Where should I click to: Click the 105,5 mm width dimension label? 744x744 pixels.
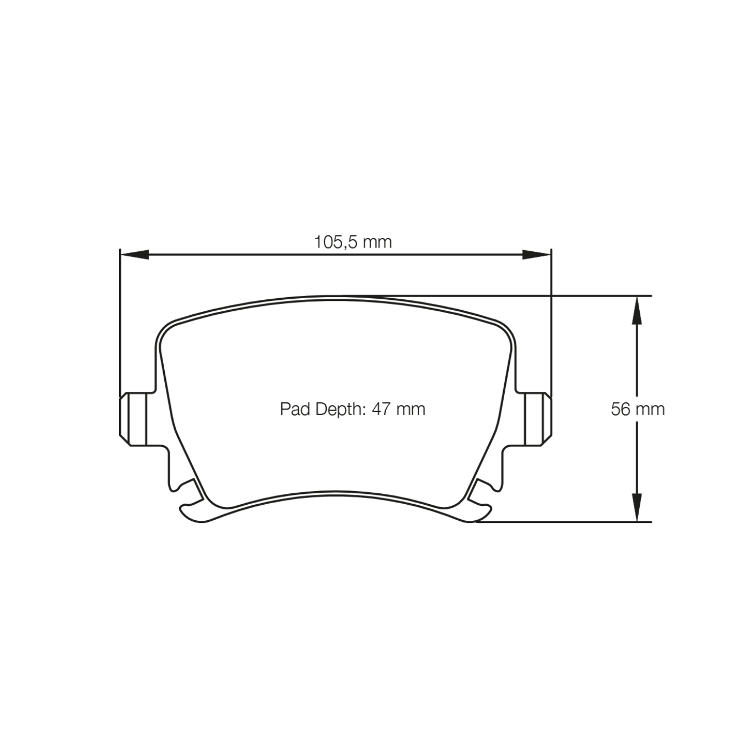pyautogui.click(x=353, y=242)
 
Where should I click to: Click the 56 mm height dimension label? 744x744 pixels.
pyautogui.click(x=637, y=409)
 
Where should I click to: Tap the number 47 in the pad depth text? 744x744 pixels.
pyautogui.click(x=381, y=409)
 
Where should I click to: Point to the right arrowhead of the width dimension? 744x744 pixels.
pyautogui.click(x=537, y=254)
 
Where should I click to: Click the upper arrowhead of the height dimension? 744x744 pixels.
pyautogui.click(x=637, y=309)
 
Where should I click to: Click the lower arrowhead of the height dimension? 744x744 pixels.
pyautogui.click(x=637, y=508)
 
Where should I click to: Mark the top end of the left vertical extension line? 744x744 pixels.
pyautogui.click(x=120, y=250)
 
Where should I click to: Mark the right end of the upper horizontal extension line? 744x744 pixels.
pyautogui.click(x=651, y=296)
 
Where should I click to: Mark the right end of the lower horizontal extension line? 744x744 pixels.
pyautogui.click(x=651, y=521)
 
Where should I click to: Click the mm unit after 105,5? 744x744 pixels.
pyautogui.click(x=378, y=242)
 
